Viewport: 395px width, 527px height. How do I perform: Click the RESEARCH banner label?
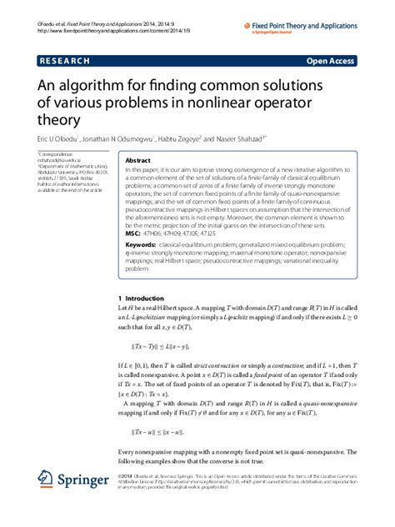pos(66,62)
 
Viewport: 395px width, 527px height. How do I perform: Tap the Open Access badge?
pos(332,62)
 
